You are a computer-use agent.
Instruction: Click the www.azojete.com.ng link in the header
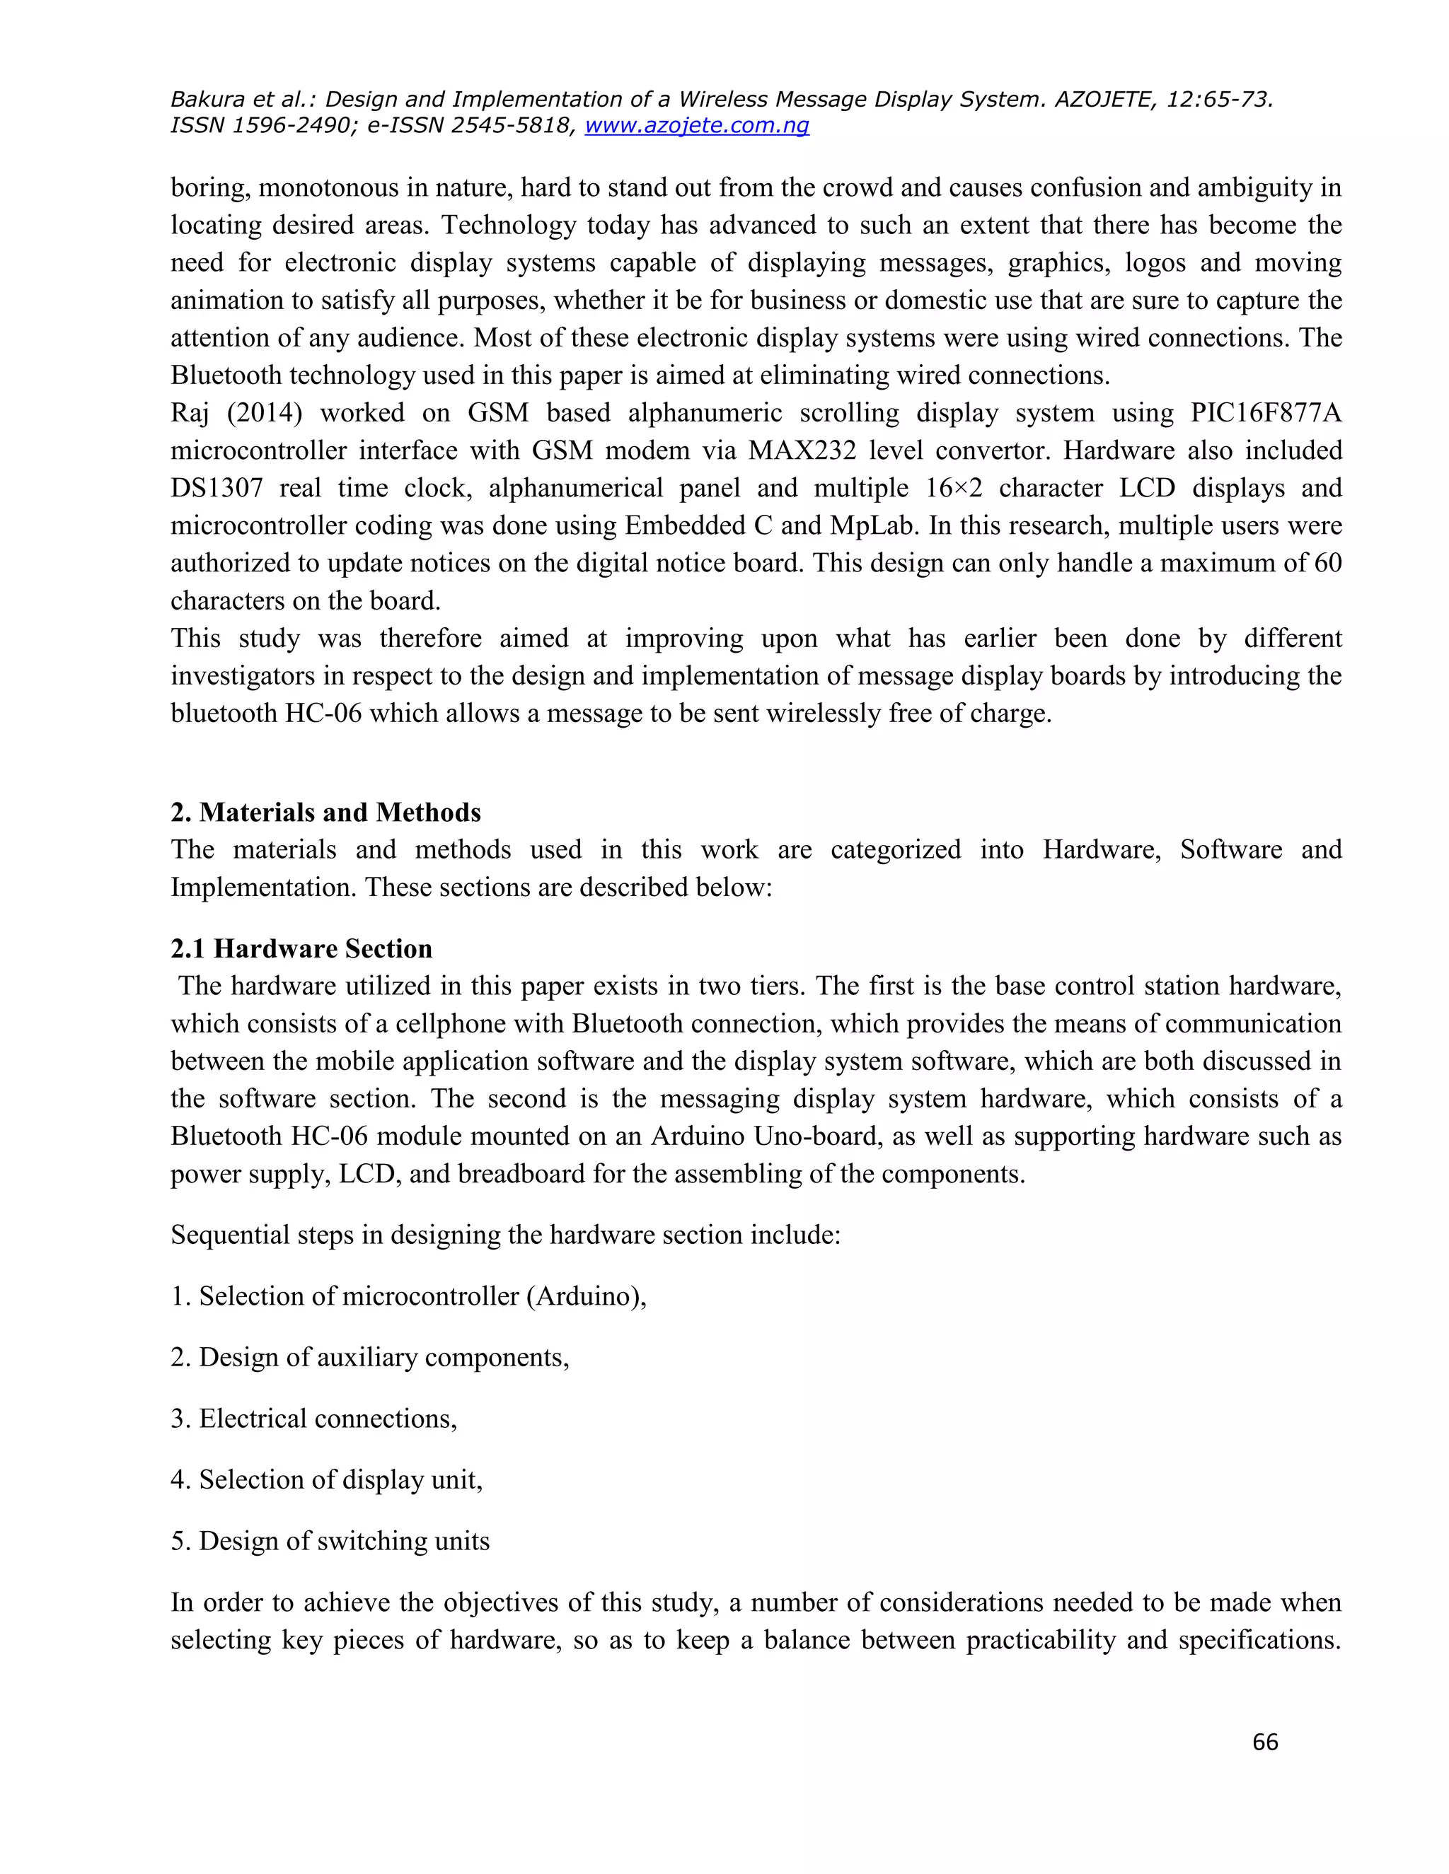(x=696, y=125)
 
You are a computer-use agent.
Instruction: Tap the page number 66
(x=1265, y=1741)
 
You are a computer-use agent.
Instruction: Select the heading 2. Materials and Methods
(x=325, y=812)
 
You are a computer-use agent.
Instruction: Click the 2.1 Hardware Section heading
(x=301, y=948)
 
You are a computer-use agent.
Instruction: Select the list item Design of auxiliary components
(x=370, y=1356)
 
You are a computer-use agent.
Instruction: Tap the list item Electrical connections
(x=314, y=1419)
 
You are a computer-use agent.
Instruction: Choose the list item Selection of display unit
(x=327, y=1479)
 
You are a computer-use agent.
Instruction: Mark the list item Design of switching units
(x=330, y=1541)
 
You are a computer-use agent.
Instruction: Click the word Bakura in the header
(x=207, y=100)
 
